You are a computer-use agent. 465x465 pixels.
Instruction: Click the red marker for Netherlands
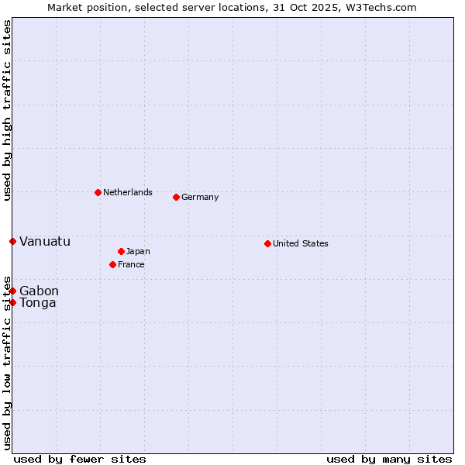coord(98,192)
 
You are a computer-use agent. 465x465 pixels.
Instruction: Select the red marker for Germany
coord(176,197)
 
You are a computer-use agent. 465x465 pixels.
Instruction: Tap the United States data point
coord(267,243)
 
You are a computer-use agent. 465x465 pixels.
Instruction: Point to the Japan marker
coord(121,251)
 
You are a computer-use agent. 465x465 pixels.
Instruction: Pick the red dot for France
coord(112,264)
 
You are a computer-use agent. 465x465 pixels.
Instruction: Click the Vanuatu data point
coord(12,241)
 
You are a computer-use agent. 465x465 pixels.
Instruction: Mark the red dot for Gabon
coord(12,291)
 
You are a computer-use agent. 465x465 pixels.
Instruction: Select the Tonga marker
coord(12,302)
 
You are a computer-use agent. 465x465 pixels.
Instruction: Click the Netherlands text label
coord(128,192)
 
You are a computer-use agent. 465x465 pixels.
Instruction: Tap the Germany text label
coord(200,197)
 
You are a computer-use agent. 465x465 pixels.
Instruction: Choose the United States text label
coord(301,243)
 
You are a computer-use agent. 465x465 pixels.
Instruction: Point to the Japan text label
coord(138,251)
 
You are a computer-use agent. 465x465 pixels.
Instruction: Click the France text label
coord(131,264)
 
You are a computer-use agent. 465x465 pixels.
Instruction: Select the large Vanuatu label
coord(45,241)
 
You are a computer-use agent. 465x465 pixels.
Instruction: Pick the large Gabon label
coord(39,291)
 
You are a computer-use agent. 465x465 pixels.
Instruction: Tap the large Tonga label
coord(38,302)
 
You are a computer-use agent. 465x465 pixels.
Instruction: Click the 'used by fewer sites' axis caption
coord(80,459)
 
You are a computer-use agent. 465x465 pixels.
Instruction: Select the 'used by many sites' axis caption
coord(389,459)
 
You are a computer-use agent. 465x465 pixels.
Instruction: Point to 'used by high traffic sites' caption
coord(7,111)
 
